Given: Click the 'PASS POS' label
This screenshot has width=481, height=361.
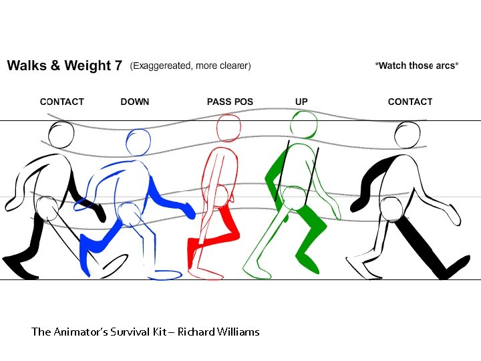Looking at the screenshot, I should tap(229, 102).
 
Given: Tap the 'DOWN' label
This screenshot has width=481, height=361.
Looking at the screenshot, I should tap(135, 102).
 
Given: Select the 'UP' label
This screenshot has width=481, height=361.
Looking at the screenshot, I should tap(301, 102).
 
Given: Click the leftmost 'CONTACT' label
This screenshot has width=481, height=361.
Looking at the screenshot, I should tap(62, 102).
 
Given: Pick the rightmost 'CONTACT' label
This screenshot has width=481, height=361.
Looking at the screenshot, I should tap(410, 102).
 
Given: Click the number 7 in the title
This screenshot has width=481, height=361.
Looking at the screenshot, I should tap(118, 66).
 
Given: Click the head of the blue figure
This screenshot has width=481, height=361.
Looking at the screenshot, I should tap(139, 142).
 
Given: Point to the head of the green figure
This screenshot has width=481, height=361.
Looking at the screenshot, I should tap(304, 124).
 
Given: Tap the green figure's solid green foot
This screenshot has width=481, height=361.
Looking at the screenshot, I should tap(309, 265).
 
